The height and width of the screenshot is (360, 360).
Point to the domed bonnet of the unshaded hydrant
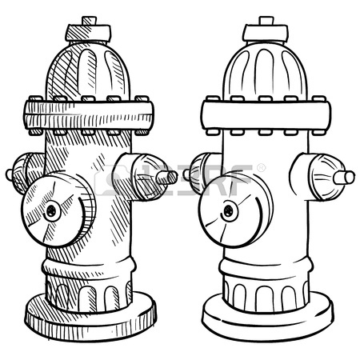264,69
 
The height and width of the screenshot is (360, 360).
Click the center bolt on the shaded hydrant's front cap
52,211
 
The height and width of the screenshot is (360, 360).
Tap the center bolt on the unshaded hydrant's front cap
229,210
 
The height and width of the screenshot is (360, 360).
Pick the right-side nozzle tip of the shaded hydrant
170,176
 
